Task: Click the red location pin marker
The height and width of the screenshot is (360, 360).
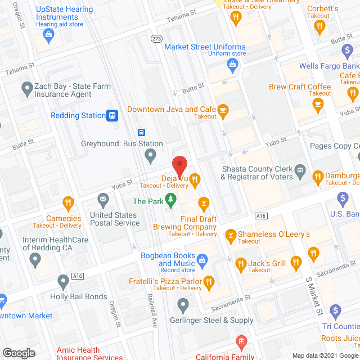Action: click(x=179, y=165)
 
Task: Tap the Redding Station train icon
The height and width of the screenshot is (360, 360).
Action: click(x=112, y=115)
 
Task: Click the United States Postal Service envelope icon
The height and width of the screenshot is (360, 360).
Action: click(x=103, y=199)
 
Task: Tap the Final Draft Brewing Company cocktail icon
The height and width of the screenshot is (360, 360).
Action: click(x=204, y=202)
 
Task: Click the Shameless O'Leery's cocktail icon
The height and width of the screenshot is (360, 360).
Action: click(x=230, y=234)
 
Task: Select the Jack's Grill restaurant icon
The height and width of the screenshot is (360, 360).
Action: click(x=240, y=263)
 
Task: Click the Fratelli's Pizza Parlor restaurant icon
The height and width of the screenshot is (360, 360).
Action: click(x=208, y=281)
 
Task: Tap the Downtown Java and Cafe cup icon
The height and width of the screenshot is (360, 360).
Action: click(x=223, y=110)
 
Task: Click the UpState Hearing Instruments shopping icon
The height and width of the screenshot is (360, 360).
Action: click(x=49, y=34)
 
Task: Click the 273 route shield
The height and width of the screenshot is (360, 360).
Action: click(x=156, y=39)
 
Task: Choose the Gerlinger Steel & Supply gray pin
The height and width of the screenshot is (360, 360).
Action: click(x=183, y=305)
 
